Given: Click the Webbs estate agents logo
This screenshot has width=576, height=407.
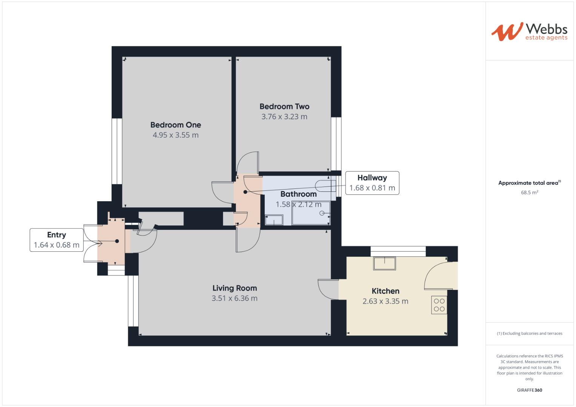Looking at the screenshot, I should [x=529, y=32].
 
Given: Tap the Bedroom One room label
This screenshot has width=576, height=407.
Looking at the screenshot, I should [x=175, y=125].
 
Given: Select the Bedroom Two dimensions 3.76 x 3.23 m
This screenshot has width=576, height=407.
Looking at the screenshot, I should [x=284, y=117].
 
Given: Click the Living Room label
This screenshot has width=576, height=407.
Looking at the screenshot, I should [x=234, y=288].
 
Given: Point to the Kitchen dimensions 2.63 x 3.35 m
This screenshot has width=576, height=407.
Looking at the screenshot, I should [x=385, y=301].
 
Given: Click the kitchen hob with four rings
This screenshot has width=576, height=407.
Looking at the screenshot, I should [x=439, y=305].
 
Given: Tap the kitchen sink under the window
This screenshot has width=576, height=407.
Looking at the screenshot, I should [x=384, y=263].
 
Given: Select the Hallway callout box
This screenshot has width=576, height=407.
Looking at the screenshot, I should [x=372, y=183].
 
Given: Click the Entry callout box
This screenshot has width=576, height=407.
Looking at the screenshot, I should [x=57, y=240].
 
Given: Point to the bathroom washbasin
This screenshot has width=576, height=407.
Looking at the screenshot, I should [x=274, y=220].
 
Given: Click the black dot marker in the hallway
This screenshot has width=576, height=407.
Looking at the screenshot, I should [x=245, y=192].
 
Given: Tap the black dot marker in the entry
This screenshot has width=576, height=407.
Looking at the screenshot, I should [x=117, y=241].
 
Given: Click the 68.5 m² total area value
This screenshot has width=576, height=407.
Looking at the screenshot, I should [x=529, y=193].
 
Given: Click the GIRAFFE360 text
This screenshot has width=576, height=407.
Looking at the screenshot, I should [x=529, y=390].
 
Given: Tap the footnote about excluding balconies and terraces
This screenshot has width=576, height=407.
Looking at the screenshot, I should [x=529, y=334].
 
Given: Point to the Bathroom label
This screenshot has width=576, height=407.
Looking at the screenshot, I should [x=298, y=194].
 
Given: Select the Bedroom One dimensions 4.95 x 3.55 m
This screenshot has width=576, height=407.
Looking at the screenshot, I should [x=175, y=135].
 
